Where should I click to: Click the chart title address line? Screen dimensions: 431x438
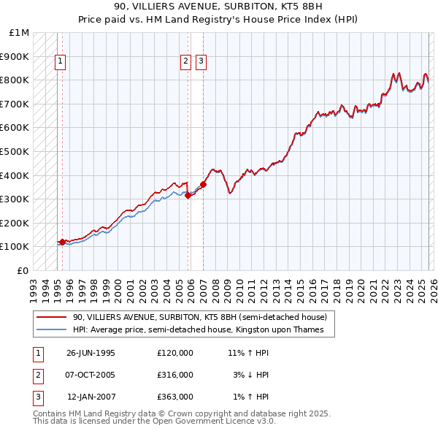click(218, 7)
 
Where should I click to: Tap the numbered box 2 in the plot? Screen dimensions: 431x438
click(186, 62)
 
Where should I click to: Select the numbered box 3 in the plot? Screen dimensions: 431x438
click(201, 62)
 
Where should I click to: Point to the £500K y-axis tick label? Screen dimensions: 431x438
click(15, 151)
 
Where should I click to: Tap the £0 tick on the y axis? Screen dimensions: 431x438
click(23, 270)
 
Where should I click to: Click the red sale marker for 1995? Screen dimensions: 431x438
click(63, 241)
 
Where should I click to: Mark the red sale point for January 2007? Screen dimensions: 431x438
click(203, 185)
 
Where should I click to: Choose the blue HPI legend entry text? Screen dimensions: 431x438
click(203, 330)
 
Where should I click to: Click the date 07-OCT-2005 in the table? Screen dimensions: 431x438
click(91, 375)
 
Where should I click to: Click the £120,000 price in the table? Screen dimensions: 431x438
click(174, 353)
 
